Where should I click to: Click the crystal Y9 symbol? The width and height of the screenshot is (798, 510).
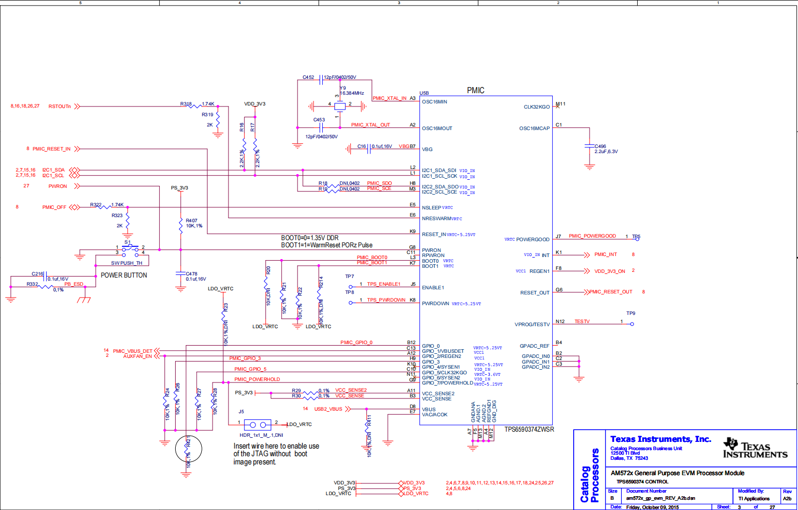340,107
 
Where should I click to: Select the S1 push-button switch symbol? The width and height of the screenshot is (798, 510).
130,249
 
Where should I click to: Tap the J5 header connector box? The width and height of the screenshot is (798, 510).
258,424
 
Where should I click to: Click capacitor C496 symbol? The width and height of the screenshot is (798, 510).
590,146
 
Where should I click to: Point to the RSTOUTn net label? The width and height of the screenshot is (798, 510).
59,107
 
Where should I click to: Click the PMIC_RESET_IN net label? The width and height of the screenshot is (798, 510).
51,149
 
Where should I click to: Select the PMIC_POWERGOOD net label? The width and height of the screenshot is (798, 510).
592,236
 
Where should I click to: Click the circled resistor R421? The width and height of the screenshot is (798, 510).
188,450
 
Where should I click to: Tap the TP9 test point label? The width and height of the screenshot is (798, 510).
631,313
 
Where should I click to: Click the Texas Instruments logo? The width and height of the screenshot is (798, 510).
755,449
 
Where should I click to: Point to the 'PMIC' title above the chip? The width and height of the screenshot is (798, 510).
475,91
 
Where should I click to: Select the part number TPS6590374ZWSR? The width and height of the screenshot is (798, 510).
529,430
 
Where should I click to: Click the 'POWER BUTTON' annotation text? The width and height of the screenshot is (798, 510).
124,275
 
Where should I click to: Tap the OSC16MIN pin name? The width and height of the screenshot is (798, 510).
434,102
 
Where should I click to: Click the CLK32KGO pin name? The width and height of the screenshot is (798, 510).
536,107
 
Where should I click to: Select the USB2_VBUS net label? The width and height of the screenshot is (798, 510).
328,409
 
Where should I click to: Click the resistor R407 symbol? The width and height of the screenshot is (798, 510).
181,225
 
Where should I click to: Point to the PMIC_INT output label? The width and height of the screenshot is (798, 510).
605,254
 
